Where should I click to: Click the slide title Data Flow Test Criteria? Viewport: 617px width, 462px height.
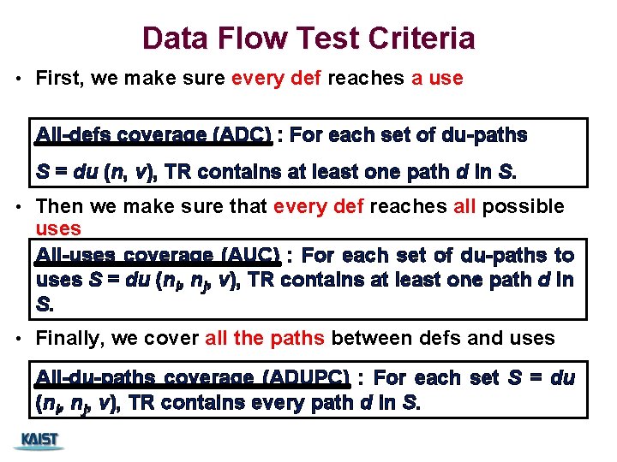click(x=308, y=38)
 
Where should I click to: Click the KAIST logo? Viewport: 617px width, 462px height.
click(x=39, y=440)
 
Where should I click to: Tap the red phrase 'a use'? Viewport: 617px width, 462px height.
click(x=437, y=79)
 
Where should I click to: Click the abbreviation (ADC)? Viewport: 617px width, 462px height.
click(x=244, y=135)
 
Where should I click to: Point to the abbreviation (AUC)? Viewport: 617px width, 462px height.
click(x=251, y=255)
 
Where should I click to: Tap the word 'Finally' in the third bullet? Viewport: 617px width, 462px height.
click(x=69, y=338)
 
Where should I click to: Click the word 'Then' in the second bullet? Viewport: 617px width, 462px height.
click(x=58, y=206)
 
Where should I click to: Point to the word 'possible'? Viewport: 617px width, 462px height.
click(x=530, y=206)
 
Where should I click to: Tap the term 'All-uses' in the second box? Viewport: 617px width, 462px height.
click(x=75, y=255)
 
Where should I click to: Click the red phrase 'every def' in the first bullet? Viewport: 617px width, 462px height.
click(x=277, y=79)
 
